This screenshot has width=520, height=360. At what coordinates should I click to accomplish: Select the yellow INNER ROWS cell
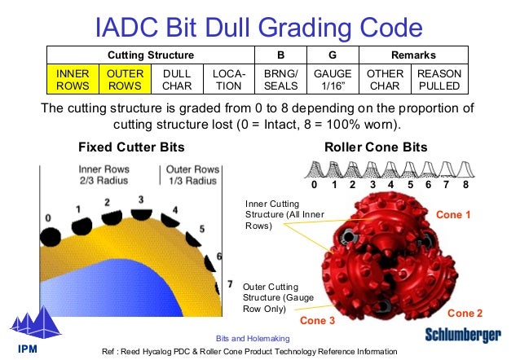[x=73, y=79]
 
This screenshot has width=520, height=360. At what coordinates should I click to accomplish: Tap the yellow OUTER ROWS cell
[x=126, y=79]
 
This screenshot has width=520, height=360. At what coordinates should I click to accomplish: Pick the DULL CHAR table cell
[x=177, y=79]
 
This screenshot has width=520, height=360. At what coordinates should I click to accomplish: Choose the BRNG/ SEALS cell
[x=280, y=79]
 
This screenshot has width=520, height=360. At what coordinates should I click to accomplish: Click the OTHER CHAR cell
[x=386, y=79]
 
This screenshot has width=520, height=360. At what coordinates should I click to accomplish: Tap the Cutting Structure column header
[x=151, y=55]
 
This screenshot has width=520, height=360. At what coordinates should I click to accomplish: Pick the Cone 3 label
[x=318, y=320]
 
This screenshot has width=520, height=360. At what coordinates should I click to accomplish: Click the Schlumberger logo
[x=464, y=335]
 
